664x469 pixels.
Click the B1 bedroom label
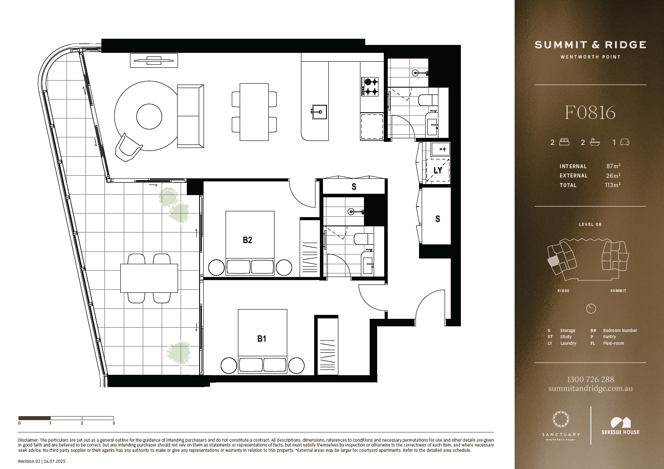coord(261,339)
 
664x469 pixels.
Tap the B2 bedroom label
coord(247,240)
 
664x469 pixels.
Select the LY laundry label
coord(438,170)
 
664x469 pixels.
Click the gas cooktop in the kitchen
coord(370,86)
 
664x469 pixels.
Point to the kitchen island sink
coord(319,112)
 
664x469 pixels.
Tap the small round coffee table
coord(149,116)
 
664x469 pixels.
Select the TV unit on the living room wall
coord(154,61)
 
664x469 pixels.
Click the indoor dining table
coord(254,112)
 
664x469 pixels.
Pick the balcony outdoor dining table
coord(149,278)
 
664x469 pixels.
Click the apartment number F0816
coord(590,113)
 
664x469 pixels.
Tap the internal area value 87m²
coord(613,166)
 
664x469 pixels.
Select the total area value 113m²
coord(612,185)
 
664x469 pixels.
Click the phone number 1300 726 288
coord(590,379)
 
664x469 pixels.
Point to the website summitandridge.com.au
coord(590,388)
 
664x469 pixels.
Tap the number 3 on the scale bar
coord(114,423)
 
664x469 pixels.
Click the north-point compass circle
coord(591,309)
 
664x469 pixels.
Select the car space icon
coord(624,142)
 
